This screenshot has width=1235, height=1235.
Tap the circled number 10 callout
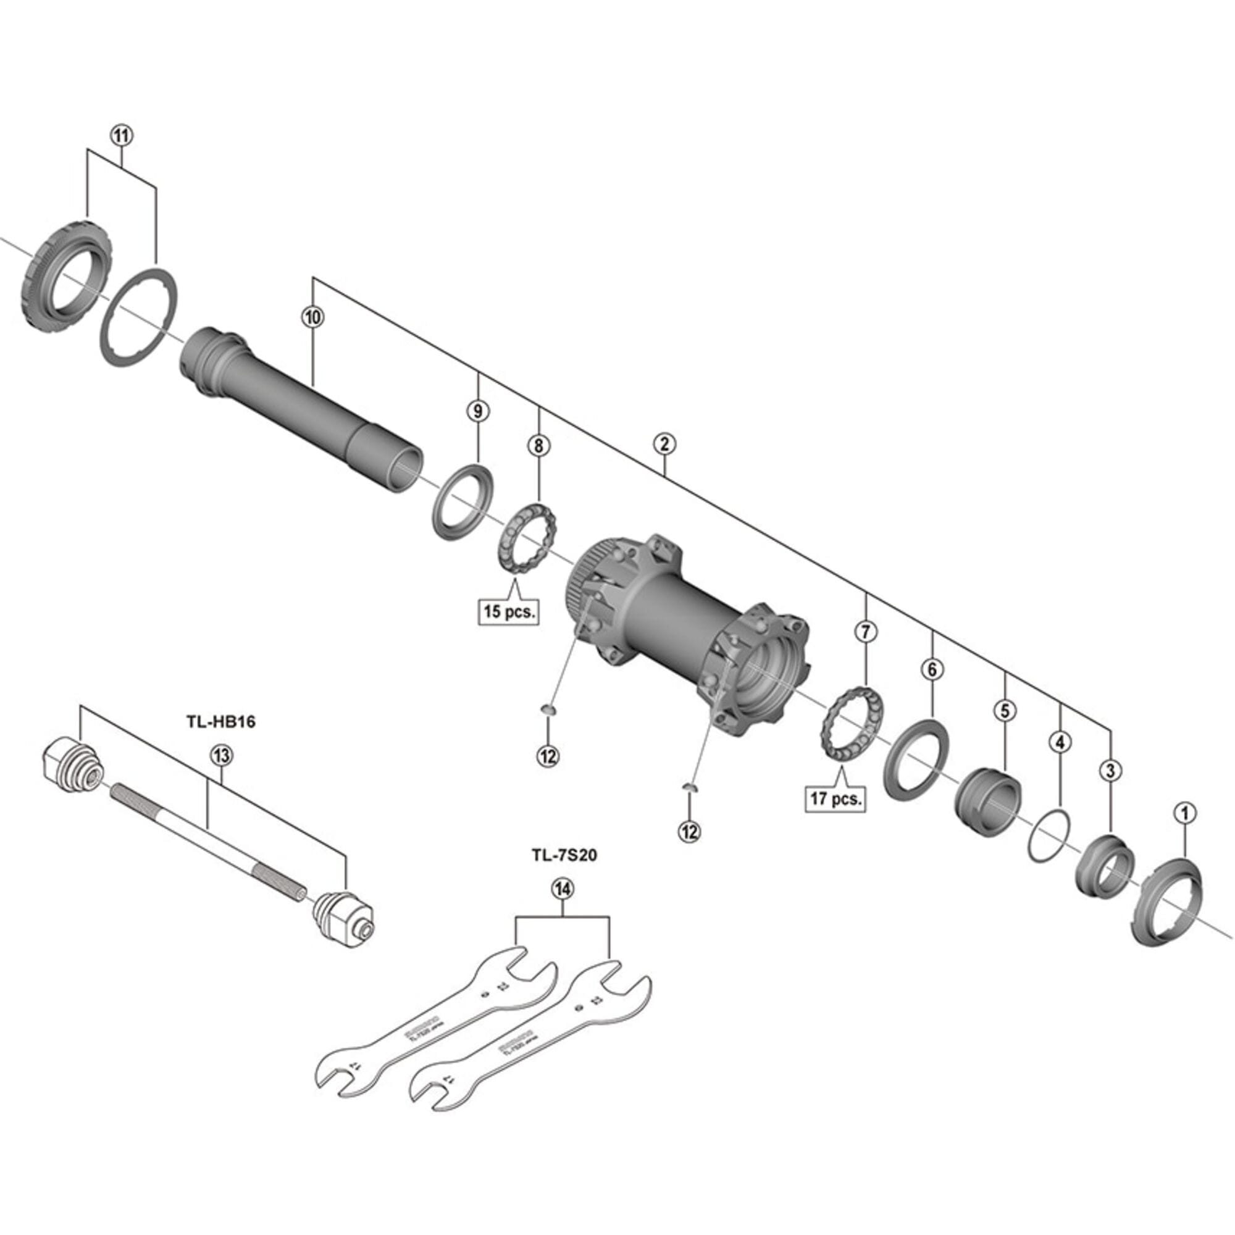pos(312,316)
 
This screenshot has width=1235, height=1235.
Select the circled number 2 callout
pos(664,443)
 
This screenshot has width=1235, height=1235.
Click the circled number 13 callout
pos(221,756)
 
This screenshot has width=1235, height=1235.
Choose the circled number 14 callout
pos(563,889)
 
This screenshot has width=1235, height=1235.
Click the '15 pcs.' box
pos(509,611)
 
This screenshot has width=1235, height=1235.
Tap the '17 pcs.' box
pos(836,798)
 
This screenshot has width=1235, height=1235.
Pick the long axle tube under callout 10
pos(301,409)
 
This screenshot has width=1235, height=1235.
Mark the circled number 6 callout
pos(931,670)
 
